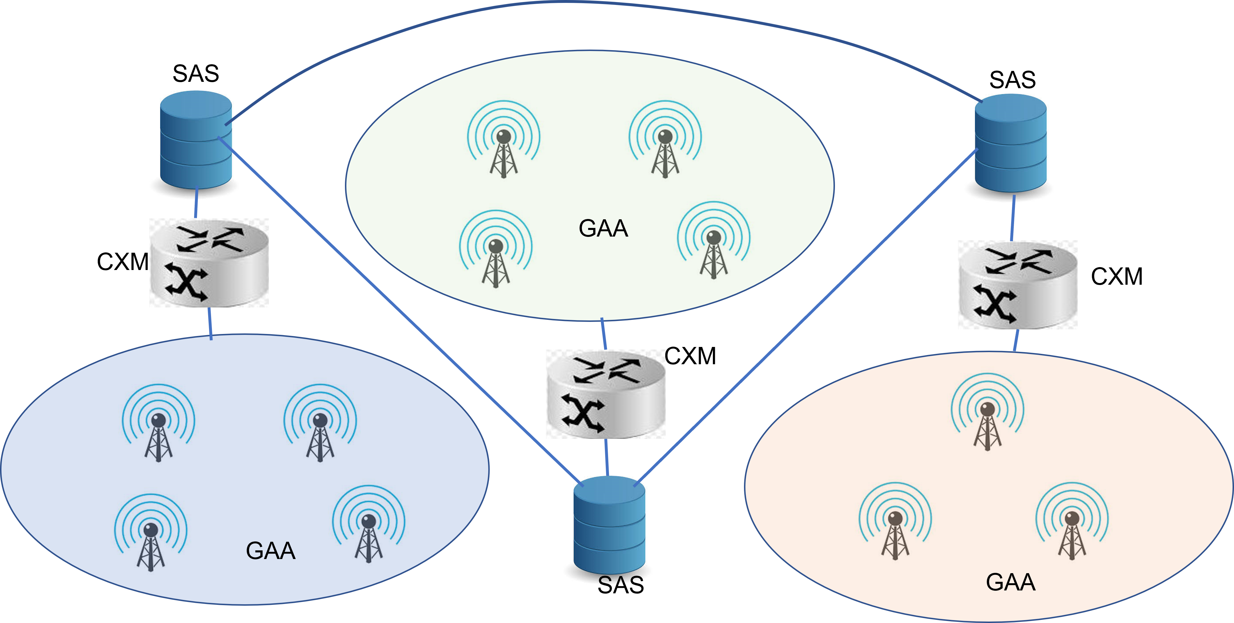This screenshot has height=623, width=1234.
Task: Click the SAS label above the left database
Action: pos(196,73)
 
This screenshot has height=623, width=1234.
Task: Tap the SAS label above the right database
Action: pos(1013,80)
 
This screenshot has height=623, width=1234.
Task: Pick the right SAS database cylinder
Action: pos(1011,143)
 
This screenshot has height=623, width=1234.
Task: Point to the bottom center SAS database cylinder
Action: pos(609,525)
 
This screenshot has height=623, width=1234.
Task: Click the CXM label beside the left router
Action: pos(123,262)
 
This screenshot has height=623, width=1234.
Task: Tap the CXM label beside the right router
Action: pos(1117,276)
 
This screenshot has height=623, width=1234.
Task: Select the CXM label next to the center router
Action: pos(690,356)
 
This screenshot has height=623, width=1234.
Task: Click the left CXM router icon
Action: pos(209,263)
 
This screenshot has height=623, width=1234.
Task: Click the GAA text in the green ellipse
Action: pos(603,228)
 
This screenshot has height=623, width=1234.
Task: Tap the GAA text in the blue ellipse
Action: pos(271,551)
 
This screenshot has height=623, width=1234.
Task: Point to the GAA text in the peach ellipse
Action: pos(1011,582)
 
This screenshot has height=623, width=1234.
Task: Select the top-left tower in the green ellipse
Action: pos(504,139)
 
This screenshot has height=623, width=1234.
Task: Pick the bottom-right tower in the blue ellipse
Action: pos(368,524)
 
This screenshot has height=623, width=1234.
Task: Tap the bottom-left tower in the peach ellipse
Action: pos(895,521)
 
